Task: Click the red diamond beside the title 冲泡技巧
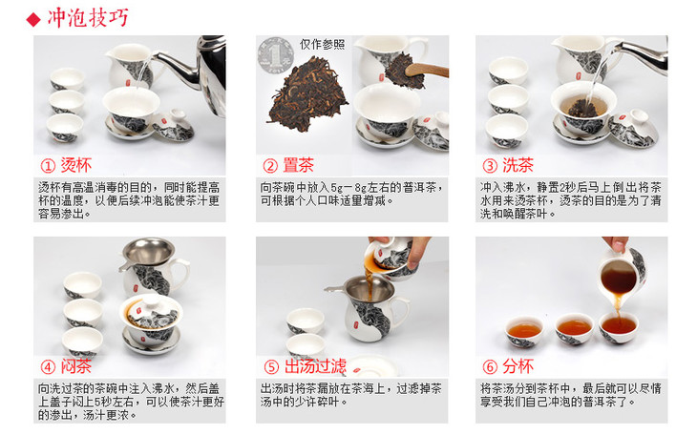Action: (33, 19)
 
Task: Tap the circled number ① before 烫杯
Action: (48, 166)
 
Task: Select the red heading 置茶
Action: (298, 165)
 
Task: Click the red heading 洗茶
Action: (517, 165)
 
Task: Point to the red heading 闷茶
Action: (76, 366)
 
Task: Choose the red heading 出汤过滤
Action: (315, 366)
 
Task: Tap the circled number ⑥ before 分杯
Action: (490, 366)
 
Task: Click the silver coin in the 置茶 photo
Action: (276, 55)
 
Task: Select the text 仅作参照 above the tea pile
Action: (323, 45)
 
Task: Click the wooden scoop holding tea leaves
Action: (427, 70)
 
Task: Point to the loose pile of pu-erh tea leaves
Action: (307, 94)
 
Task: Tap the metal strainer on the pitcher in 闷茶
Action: (148, 253)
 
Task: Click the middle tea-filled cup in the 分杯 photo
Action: (575, 328)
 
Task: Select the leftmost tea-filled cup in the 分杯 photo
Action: (525, 331)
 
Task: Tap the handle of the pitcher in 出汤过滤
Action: (401, 312)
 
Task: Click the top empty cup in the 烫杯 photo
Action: (68, 78)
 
